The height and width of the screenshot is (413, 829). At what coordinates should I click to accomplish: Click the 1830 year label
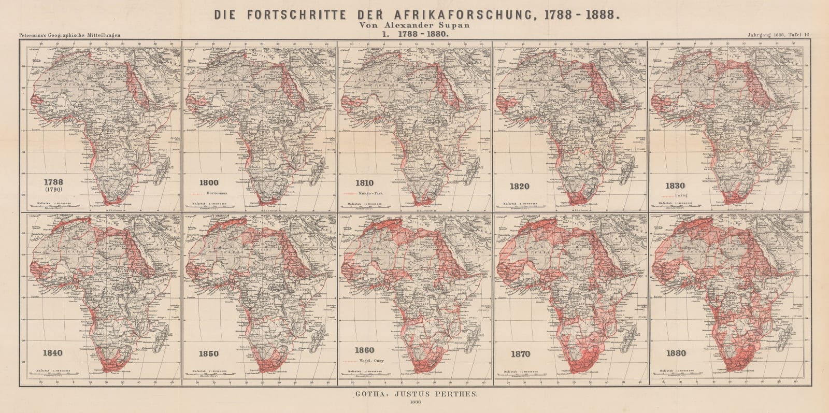[675, 186]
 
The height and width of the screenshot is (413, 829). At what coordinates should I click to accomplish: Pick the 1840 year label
[53, 353]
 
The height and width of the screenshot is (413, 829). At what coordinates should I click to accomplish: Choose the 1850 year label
[208, 354]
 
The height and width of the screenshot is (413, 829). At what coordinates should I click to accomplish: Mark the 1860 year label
[365, 351]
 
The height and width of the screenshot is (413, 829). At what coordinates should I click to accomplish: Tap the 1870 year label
[520, 354]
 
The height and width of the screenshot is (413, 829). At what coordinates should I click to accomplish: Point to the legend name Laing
[681, 196]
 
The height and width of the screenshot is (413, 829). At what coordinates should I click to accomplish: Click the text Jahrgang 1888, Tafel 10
[779, 35]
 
